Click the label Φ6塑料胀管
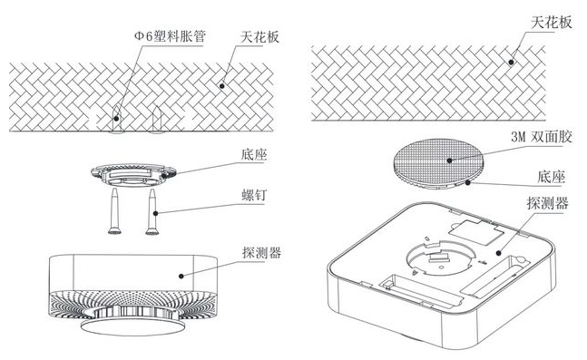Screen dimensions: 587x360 [x=170, y=36]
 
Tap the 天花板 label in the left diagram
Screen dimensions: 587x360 [x=259, y=37]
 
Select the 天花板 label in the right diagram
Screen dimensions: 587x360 [x=552, y=23]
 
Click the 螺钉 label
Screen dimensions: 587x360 [x=253, y=195]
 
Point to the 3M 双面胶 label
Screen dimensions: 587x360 [x=542, y=137]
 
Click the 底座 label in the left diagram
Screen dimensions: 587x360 [x=254, y=154]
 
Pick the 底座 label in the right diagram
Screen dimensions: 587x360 [x=551, y=177]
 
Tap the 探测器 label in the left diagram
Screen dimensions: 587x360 [x=261, y=253]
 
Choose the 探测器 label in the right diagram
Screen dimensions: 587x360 [x=547, y=203]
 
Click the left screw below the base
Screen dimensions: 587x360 [x=114, y=212]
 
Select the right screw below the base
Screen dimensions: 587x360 [x=152, y=212]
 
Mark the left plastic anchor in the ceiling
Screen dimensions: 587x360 [x=117, y=120]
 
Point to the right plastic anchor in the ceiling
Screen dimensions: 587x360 [x=157, y=120]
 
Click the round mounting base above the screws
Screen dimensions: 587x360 [x=133, y=174]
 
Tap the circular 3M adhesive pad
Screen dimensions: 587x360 [x=438, y=161]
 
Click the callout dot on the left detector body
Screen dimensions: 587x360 [x=181, y=277]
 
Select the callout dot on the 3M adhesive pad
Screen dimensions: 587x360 [x=449, y=161]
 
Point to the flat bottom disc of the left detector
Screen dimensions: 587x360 [x=132, y=326]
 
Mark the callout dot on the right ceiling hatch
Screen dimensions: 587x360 [x=511, y=62]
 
